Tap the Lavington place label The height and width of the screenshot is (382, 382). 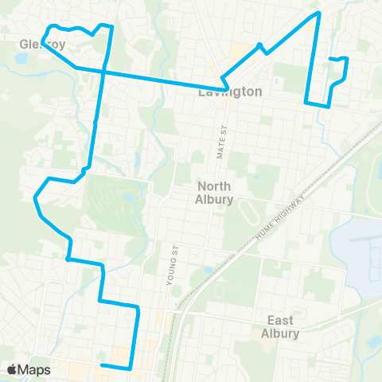230,92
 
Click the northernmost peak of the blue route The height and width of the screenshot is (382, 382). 318,13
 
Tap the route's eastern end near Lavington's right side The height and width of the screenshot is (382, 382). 330,58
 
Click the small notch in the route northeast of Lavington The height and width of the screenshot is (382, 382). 261,45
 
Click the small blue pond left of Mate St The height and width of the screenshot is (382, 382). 208,270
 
